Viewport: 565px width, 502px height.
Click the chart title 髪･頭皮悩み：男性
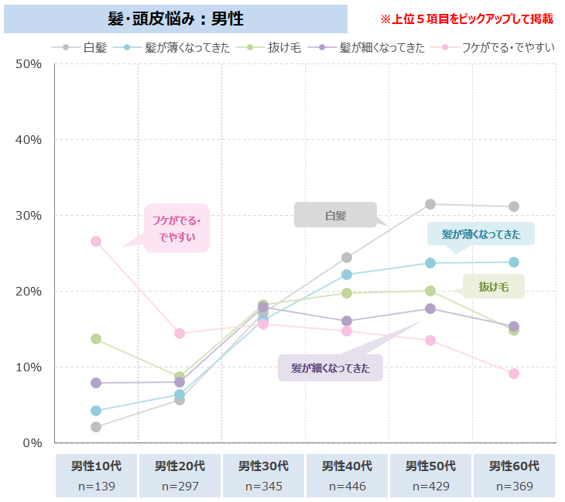tap(175, 18)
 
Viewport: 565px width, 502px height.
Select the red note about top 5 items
tap(467, 18)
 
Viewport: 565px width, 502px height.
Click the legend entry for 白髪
tap(87, 47)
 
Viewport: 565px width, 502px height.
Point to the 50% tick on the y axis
tap(28, 63)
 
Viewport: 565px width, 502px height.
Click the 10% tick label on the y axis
tap(28, 367)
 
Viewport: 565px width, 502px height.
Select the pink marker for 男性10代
tap(96, 241)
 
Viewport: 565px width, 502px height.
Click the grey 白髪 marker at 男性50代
tap(430, 204)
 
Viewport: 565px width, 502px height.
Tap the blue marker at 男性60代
tap(514, 262)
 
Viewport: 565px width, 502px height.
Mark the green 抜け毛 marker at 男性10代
tap(96, 339)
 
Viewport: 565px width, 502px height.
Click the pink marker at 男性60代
tap(514, 374)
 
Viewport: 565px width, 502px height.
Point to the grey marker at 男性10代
tap(96, 427)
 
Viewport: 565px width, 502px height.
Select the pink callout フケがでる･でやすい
tap(177, 228)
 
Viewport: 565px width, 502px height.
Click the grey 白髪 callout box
tap(335, 215)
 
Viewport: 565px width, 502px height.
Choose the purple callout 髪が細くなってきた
tap(330, 368)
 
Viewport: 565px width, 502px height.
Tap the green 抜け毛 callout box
tap(493, 286)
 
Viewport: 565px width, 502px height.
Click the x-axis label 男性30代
tap(263, 466)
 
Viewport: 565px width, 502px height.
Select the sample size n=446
tap(347, 487)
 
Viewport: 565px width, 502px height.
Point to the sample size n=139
tap(96, 487)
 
